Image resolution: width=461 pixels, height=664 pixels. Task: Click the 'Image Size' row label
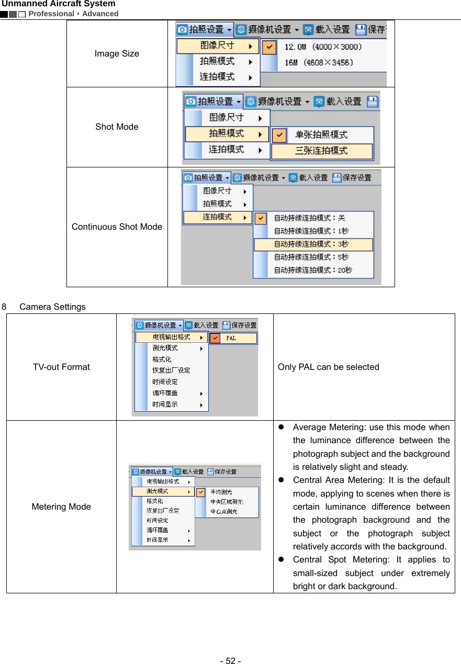tap(117, 53)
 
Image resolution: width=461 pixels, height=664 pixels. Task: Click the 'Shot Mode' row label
tap(117, 127)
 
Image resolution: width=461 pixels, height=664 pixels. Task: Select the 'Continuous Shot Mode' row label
tap(117, 227)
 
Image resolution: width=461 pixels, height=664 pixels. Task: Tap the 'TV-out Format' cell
tap(61, 367)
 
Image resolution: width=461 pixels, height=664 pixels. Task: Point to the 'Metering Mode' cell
tap(61, 507)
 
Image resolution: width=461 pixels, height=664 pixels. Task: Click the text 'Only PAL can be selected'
tap(328, 367)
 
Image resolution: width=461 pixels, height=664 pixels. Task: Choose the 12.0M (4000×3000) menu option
tap(322, 47)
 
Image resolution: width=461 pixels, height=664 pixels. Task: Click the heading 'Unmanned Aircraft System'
tap(59, 4)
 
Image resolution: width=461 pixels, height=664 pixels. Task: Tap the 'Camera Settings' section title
tap(52, 307)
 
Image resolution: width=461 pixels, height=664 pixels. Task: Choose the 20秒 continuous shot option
tap(313, 271)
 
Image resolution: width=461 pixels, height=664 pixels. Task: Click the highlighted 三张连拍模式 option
tap(321, 151)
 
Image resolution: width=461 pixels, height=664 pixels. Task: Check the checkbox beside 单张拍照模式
tap(280, 135)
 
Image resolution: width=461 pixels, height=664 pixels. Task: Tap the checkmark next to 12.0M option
tap(268, 47)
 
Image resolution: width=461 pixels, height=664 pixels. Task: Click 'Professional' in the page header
tap(51, 14)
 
